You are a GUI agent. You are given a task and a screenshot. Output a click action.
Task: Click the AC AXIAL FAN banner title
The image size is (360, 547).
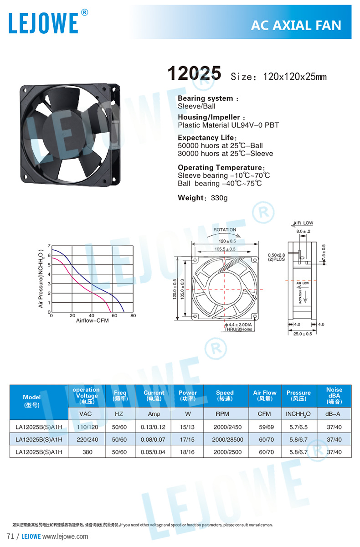pyautogui.click(x=296, y=26)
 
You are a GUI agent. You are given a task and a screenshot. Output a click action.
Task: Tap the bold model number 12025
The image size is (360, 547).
pyautogui.click(x=195, y=73)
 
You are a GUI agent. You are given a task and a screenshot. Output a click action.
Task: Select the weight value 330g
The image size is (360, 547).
pyautogui.click(x=218, y=198)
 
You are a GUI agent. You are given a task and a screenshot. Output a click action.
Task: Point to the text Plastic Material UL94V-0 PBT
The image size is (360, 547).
pyautogui.click(x=228, y=125)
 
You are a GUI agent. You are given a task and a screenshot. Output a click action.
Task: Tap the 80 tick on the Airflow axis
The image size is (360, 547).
pyautogui.click(x=133, y=315)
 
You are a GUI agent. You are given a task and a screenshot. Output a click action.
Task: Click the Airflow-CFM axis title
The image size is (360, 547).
pyautogui.click(x=93, y=321)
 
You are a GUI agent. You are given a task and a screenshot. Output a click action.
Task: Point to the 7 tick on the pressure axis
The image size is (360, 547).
pyautogui.click(x=49, y=246)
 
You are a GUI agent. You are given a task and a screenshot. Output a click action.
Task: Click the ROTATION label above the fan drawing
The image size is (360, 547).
pyautogui.click(x=225, y=230)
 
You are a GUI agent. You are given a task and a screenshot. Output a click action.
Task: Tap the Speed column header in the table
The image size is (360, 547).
pyautogui.click(x=225, y=395)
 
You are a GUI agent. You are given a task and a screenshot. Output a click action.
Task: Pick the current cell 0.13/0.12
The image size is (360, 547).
pyautogui.click(x=154, y=427)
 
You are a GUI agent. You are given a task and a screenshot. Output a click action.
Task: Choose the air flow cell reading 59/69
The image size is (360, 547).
pyautogui.click(x=264, y=427)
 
